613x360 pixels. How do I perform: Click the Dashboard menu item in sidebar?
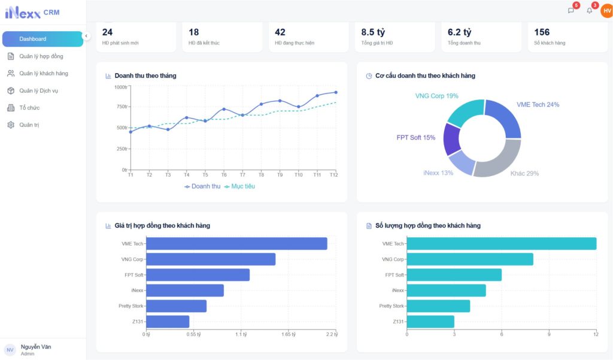[x=42, y=39]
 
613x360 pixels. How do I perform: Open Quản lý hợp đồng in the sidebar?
[x=41, y=56]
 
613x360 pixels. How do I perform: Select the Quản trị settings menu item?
[x=29, y=125]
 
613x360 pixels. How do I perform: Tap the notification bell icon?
[x=589, y=11]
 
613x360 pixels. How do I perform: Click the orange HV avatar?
[x=606, y=10]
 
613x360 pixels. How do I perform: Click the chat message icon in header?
[x=571, y=11]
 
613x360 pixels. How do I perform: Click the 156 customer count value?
[x=542, y=32]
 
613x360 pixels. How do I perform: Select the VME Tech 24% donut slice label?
[x=538, y=105]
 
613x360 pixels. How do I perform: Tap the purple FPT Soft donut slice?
[x=451, y=139]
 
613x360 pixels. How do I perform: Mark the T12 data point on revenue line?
[x=336, y=92]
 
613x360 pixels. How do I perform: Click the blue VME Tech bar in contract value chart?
[x=236, y=244]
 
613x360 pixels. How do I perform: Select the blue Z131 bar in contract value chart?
[x=168, y=322]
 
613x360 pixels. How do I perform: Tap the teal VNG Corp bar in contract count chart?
[x=470, y=259]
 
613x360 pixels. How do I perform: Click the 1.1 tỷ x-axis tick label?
[x=241, y=334]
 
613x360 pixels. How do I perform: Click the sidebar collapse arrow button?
[x=86, y=36]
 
